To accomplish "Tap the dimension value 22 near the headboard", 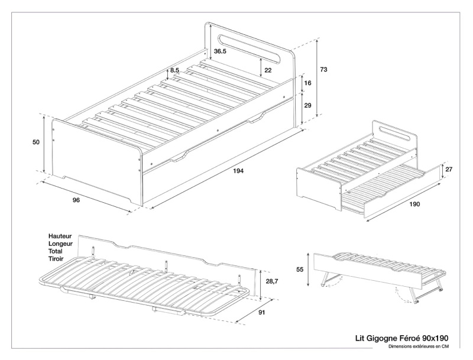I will (x=268, y=70).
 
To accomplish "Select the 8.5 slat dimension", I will (x=174, y=71).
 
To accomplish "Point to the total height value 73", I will (x=323, y=70).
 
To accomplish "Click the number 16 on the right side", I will (x=307, y=83).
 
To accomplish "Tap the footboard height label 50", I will (x=37, y=142).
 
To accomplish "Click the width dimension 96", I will (x=76, y=200).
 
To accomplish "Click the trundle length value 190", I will (x=414, y=205).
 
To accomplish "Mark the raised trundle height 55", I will (x=300, y=269).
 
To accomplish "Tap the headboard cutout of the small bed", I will (x=391, y=130).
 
